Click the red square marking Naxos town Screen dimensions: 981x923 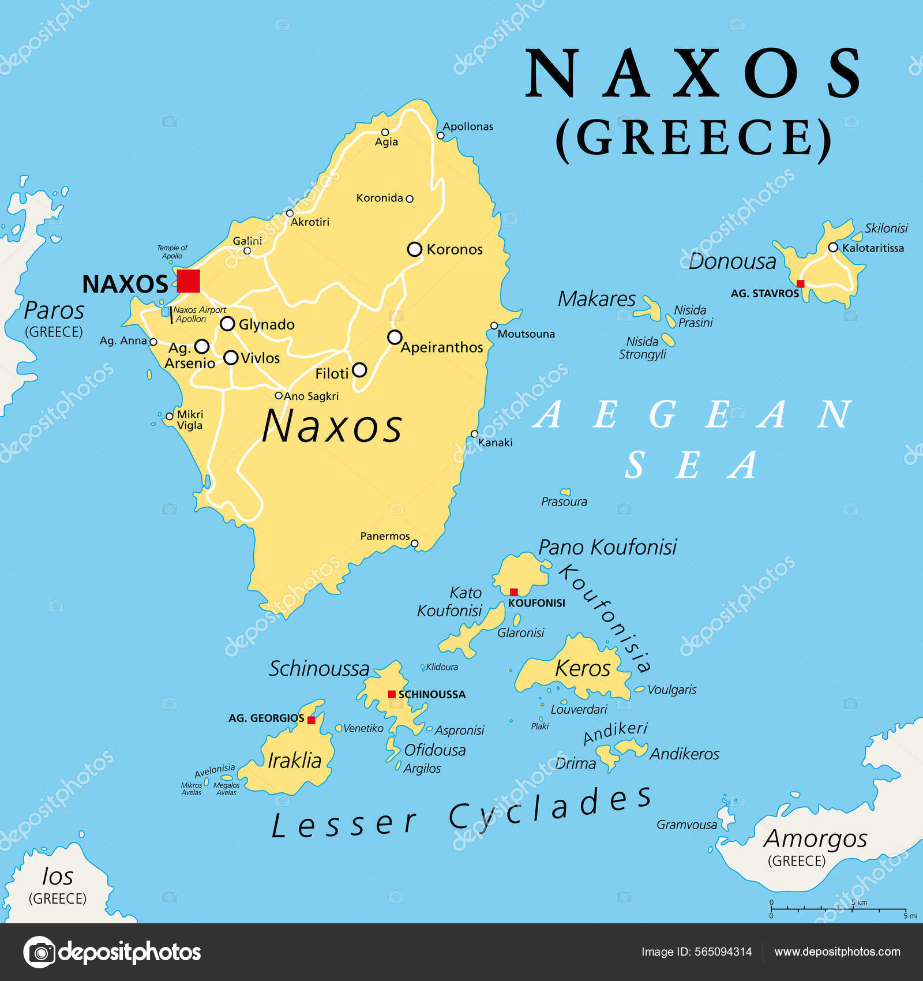pos(188,281)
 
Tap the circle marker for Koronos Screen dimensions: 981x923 pos(414,249)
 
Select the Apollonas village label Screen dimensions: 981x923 pos(468,126)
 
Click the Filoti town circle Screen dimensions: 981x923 pos(359,370)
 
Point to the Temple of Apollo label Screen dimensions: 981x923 pos(172,252)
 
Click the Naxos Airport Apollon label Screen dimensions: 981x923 pos(199,314)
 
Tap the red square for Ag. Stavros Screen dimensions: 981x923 pos(800,283)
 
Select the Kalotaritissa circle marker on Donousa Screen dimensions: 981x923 pos(832,247)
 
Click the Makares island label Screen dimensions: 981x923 pos(596,299)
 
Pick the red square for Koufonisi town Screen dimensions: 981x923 pos(513,591)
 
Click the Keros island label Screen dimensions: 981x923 pos(582,668)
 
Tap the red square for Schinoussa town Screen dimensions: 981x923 pos(392,694)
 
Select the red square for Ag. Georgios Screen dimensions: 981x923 pos(311,720)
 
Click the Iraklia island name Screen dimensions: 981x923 pos(294,760)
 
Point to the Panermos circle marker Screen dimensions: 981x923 pos(414,543)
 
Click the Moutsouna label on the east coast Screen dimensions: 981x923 pos(526,334)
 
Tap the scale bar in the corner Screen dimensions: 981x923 pos(838,909)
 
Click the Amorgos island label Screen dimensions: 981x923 pos(815,838)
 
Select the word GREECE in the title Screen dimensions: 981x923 pos(693,137)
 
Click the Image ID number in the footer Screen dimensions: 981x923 pos(723,952)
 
